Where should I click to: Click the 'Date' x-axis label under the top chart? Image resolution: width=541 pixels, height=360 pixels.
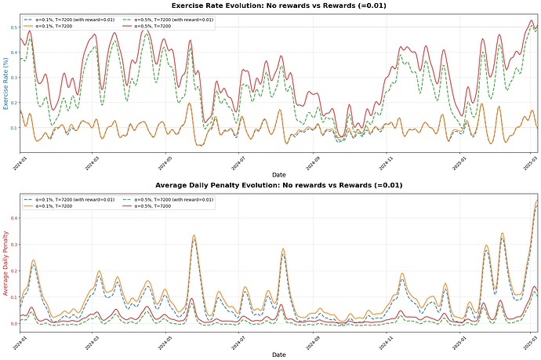(x=278, y=174)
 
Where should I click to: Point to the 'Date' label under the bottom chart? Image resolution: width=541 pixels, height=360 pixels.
(x=278, y=355)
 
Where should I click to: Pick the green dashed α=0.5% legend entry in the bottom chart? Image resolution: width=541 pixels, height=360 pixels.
(x=172, y=199)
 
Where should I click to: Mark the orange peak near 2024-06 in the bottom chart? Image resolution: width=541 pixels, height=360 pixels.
(x=194, y=235)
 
